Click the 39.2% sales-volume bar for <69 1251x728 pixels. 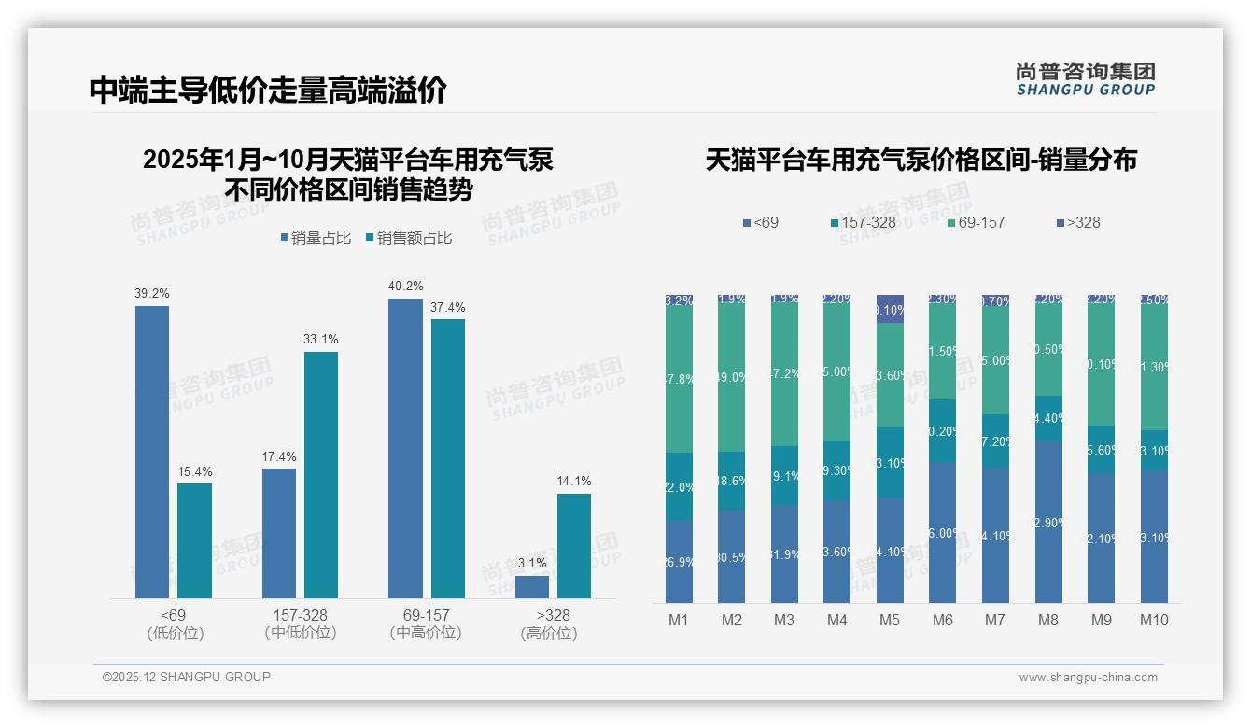[152, 452]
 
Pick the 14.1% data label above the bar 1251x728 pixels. [574, 482]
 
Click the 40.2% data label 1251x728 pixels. [405, 286]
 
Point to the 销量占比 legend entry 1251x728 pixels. [316, 238]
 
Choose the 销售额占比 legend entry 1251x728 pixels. [409, 238]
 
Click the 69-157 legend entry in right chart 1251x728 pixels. [975, 222]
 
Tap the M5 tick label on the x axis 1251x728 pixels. [890, 620]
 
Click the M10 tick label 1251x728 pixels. [1154, 620]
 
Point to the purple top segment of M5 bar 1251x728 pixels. [890, 309]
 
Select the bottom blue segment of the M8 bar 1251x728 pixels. [1048, 522]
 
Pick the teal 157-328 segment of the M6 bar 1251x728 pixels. [943, 431]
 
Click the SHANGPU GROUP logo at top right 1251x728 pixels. [1086, 79]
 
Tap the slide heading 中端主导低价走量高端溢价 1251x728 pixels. [268, 90]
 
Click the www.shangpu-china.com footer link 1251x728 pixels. [1088, 678]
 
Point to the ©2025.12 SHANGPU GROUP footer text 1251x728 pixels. [187, 677]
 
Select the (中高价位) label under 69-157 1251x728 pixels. [426, 633]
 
